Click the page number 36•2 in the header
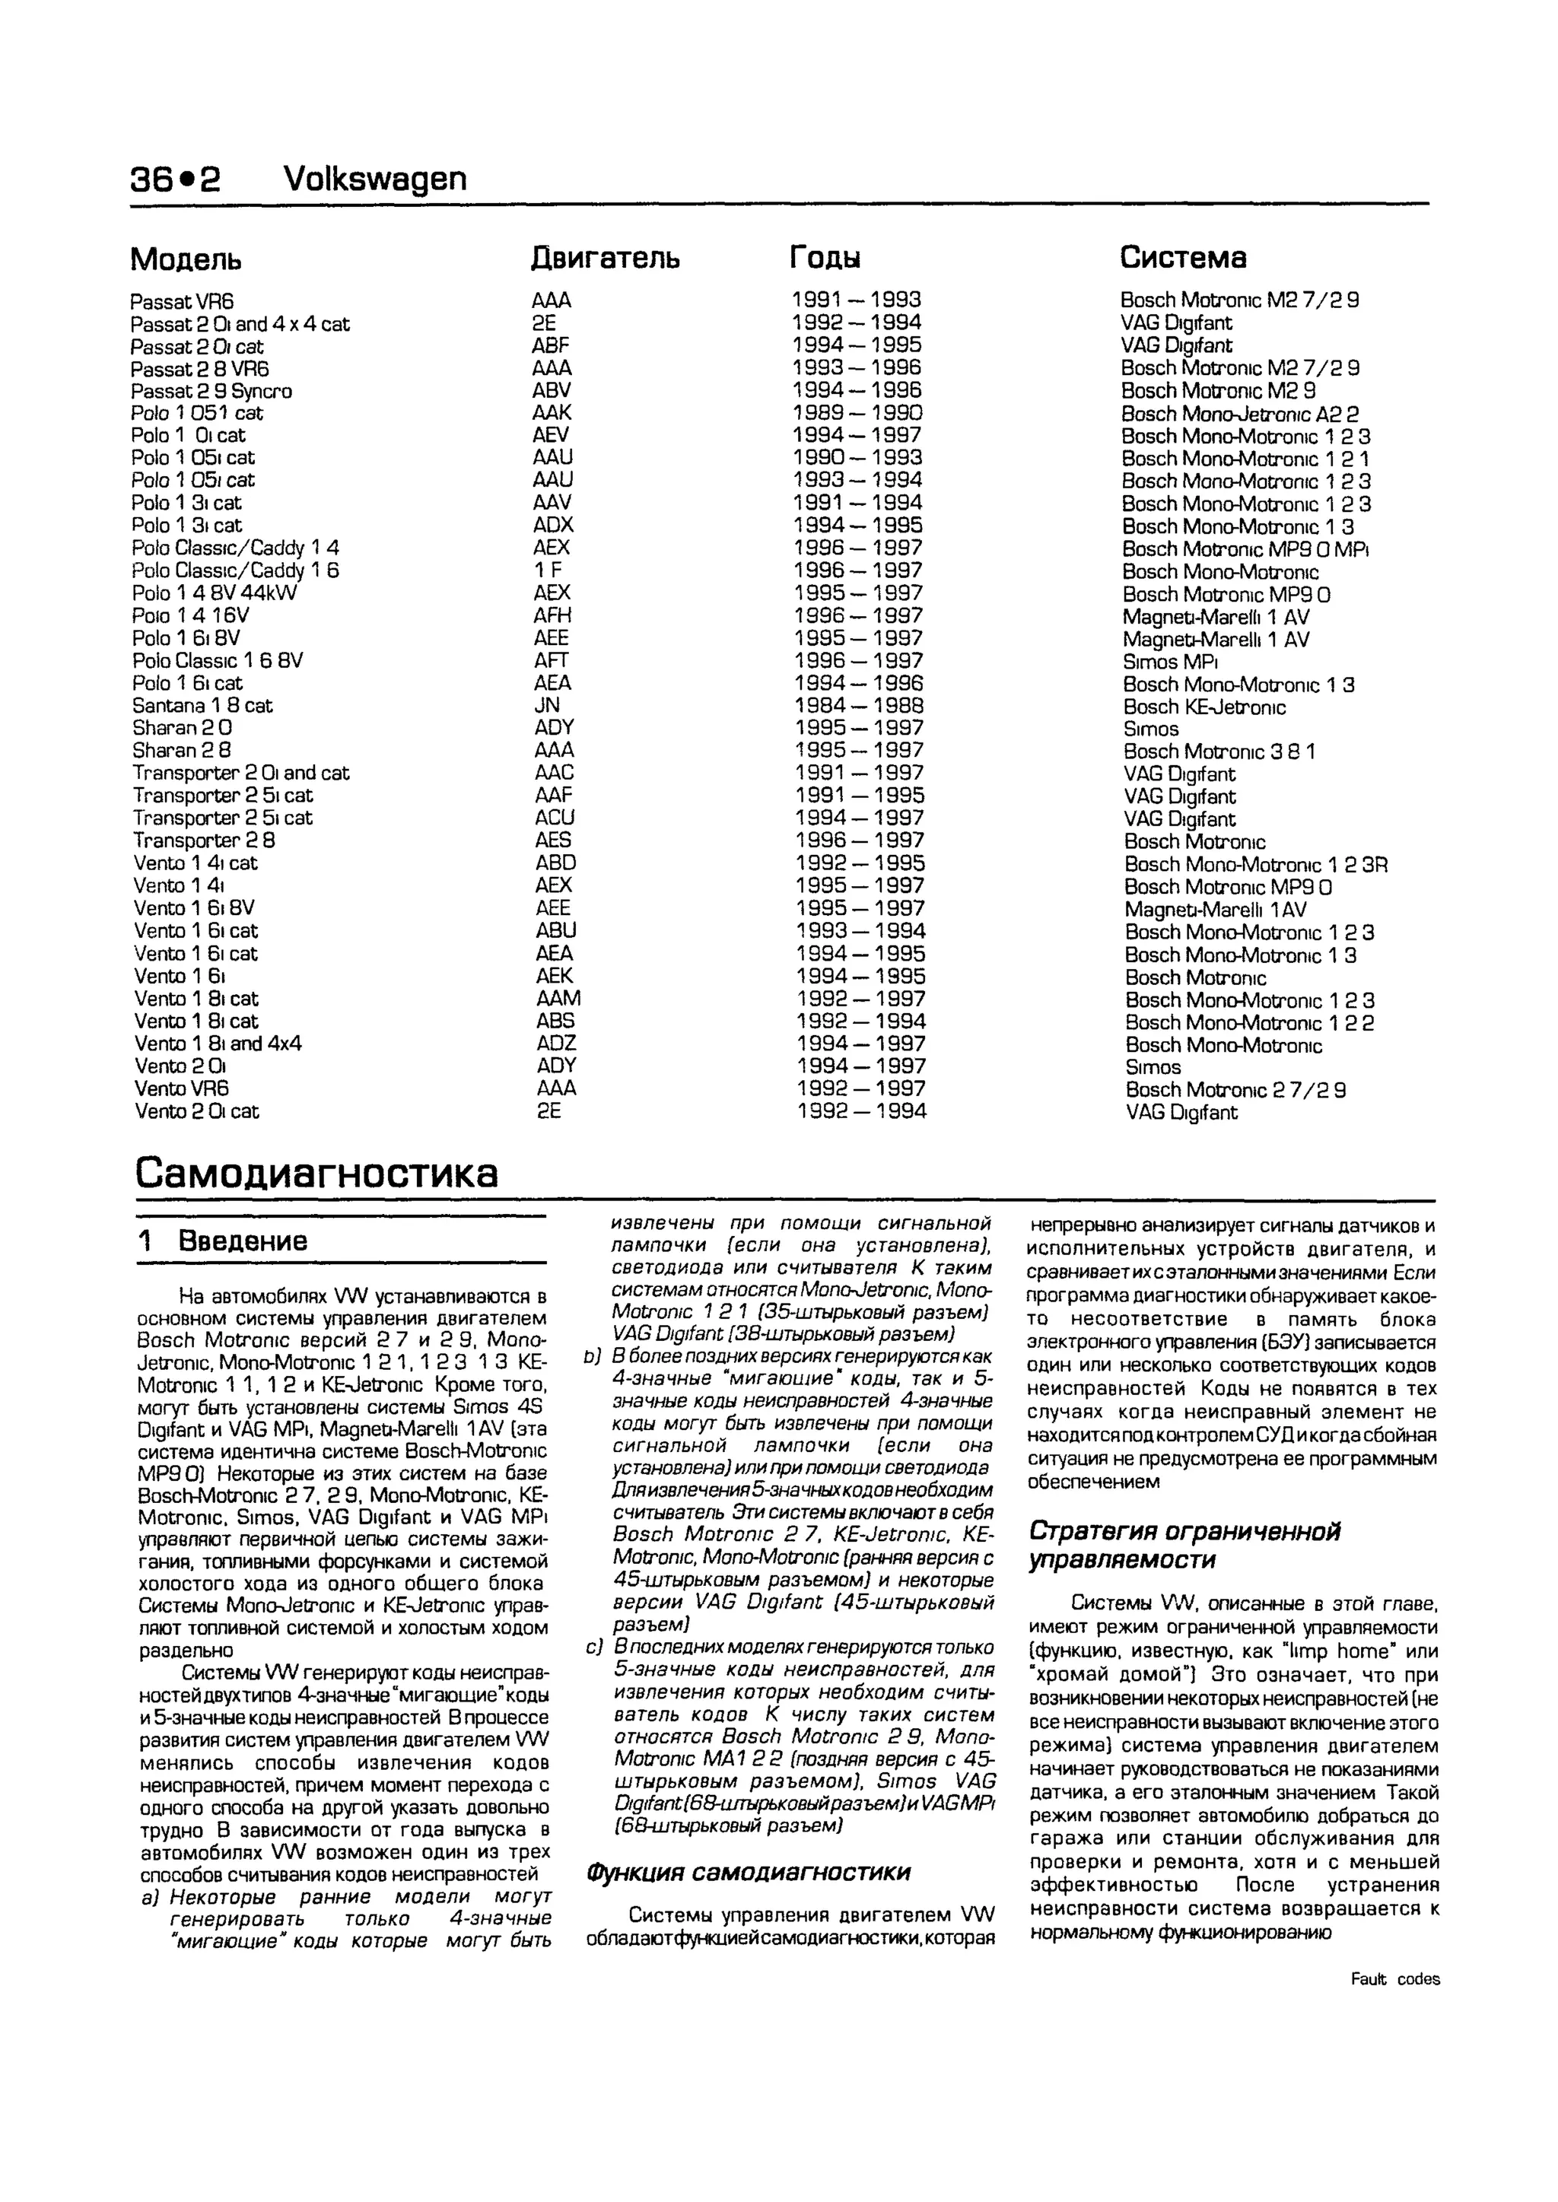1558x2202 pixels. click(x=176, y=179)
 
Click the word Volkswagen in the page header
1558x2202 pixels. click(x=375, y=179)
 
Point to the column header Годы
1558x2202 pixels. click(x=825, y=258)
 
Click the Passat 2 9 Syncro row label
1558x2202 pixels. click(x=212, y=391)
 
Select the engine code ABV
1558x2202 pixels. click(x=552, y=390)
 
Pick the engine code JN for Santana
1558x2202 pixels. click(x=547, y=706)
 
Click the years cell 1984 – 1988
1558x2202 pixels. click(x=859, y=706)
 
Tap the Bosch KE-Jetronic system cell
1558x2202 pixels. click(x=1204, y=708)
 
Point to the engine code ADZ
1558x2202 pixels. click(x=556, y=1044)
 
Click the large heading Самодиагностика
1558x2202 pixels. click(x=316, y=1172)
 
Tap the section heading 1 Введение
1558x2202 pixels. click(x=223, y=1241)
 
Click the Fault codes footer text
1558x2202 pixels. click(x=1395, y=1979)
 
